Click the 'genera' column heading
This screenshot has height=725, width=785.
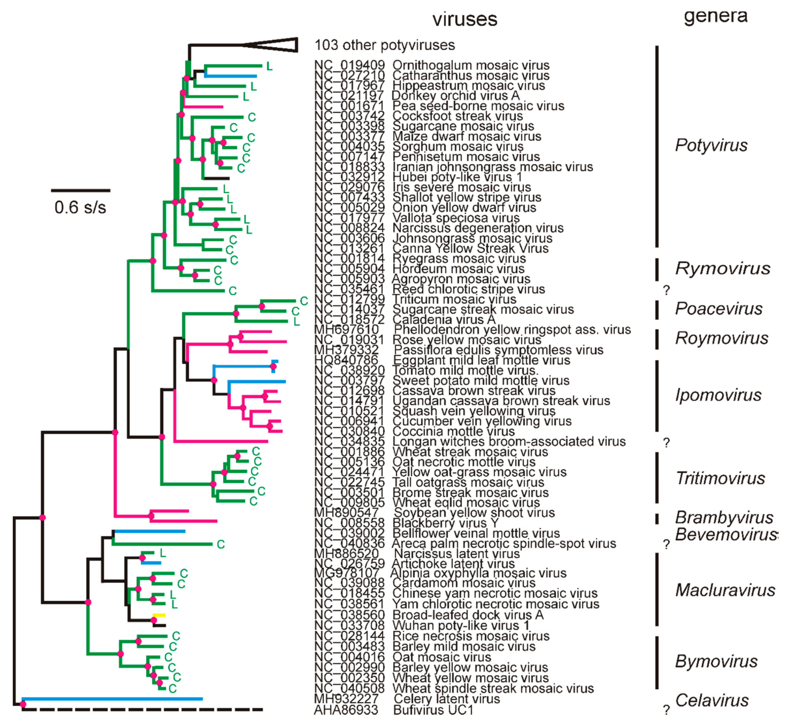(x=716, y=16)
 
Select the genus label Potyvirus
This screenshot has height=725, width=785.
(x=711, y=145)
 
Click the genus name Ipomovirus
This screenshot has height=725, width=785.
(x=718, y=395)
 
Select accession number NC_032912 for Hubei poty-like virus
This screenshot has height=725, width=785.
(x=349, y=177)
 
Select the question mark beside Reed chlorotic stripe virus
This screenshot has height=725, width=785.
(x=666, y=290)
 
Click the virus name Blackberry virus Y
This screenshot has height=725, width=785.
(x=445, y=523)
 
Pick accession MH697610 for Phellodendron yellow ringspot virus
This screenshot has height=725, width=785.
(x=346, y=329)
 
